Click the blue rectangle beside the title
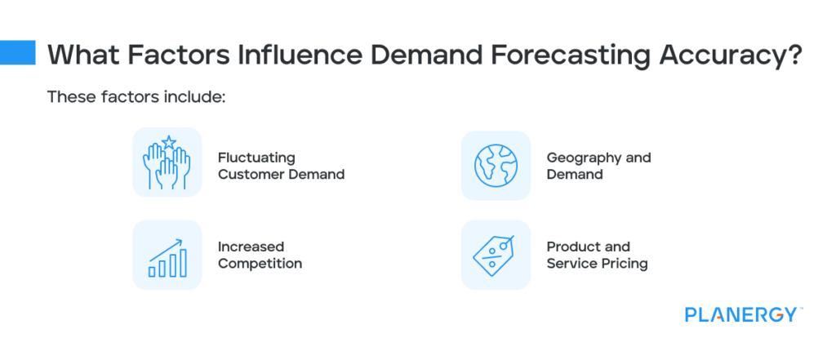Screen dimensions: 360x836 [17, 53]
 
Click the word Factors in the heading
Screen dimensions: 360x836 [174, 55]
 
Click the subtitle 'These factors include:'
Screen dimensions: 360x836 [135, 96]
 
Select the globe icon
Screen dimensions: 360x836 [496, 165]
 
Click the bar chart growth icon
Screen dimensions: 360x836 [167, 254]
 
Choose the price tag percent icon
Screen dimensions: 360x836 [496, 254]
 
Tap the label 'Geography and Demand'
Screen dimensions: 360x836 [598, 166]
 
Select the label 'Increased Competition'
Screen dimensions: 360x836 [260, 255]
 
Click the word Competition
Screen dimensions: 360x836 [260, 263]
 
